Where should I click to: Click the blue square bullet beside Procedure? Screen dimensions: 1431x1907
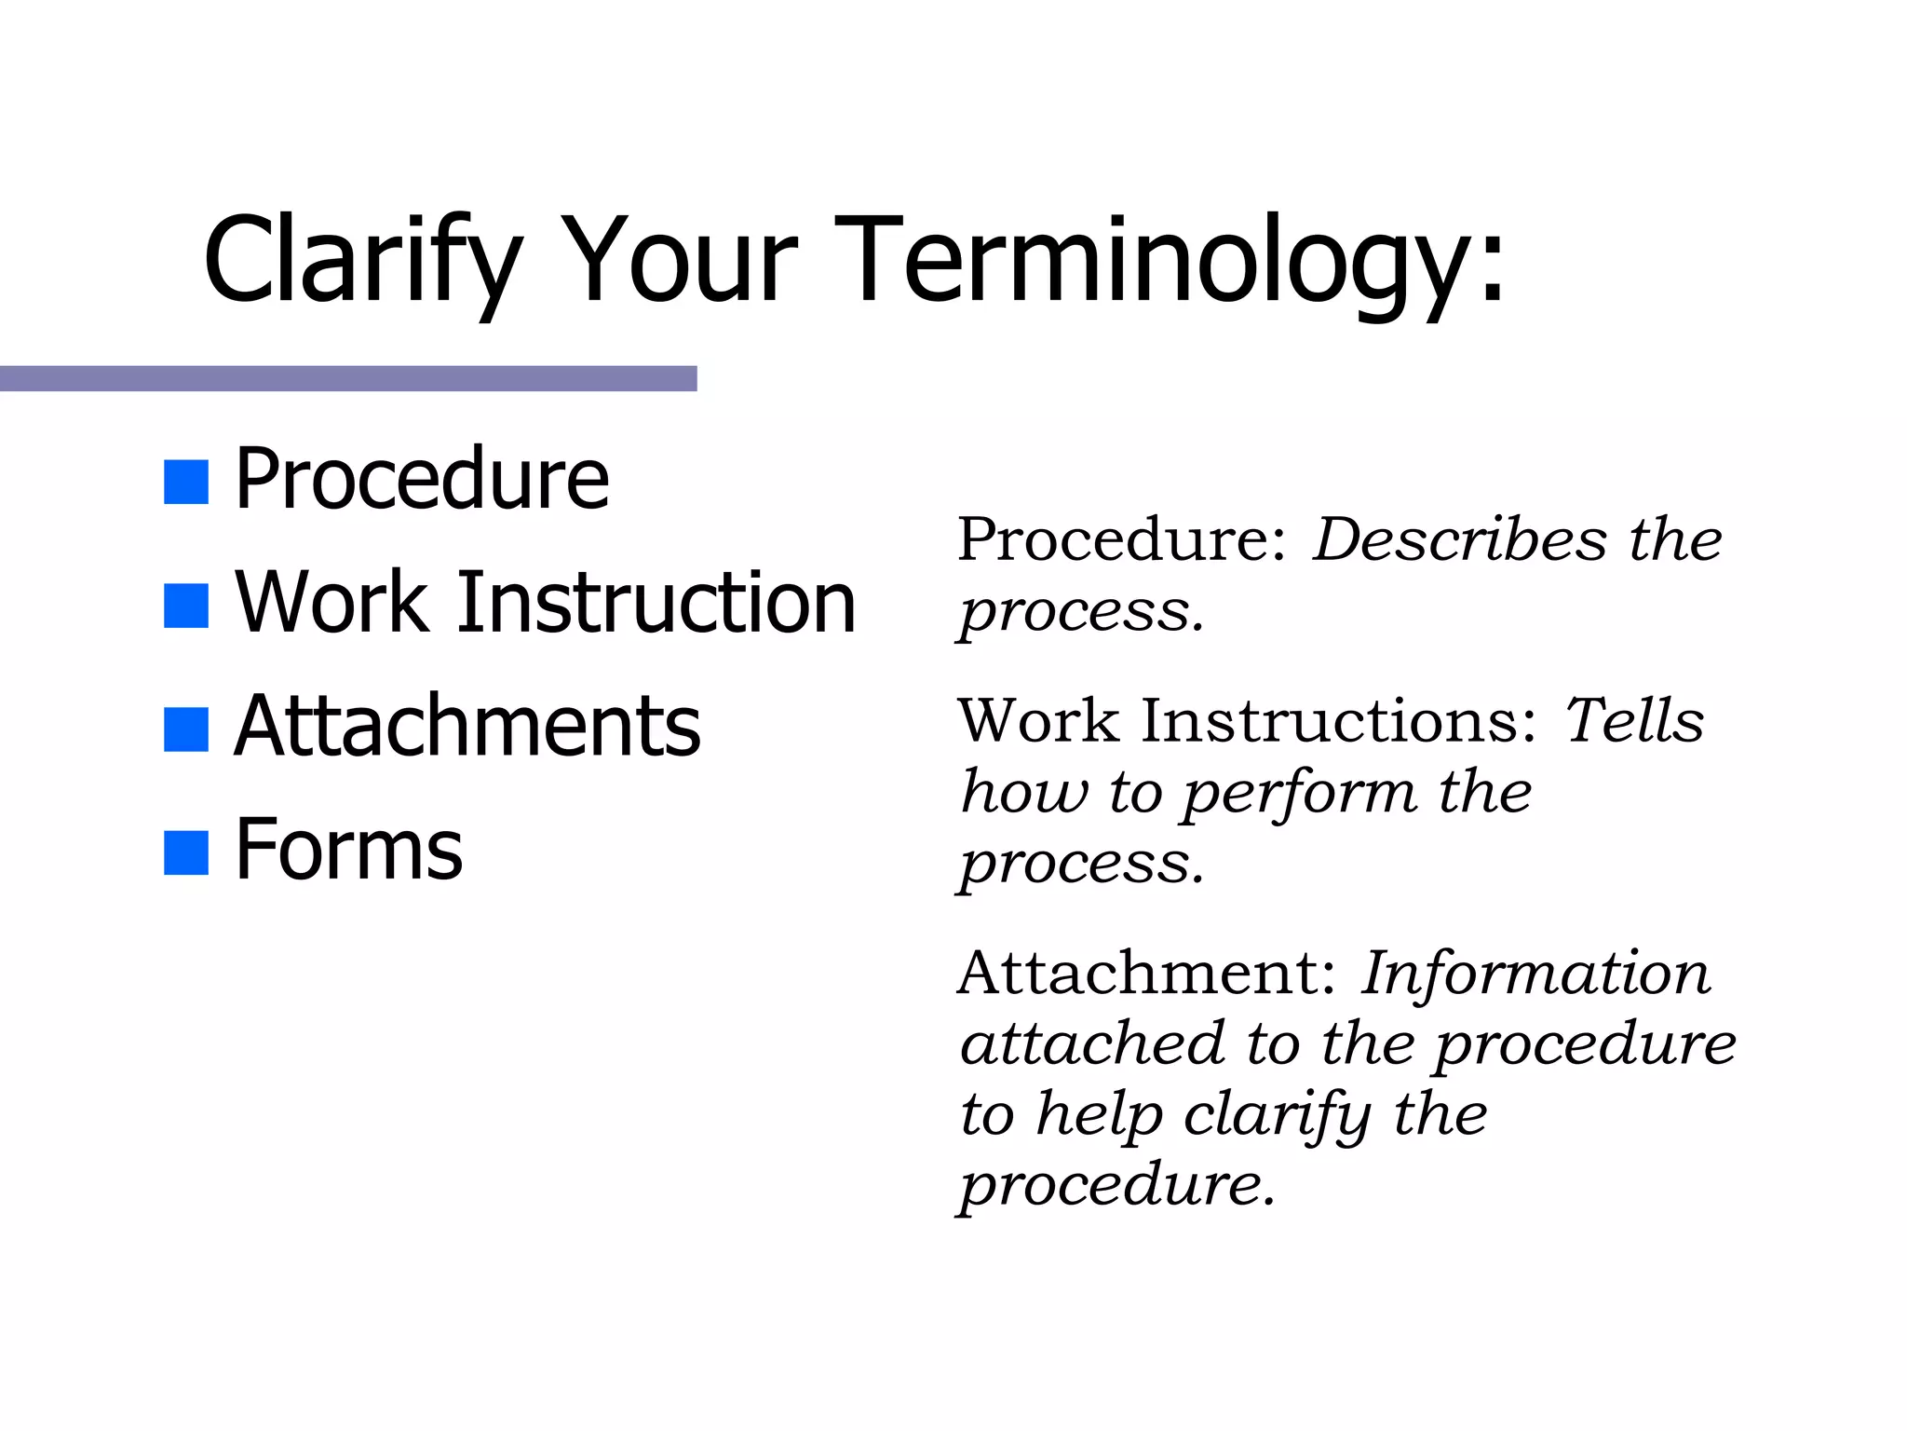tap(185, 483)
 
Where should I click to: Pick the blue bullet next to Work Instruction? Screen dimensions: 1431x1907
tap(185, 606)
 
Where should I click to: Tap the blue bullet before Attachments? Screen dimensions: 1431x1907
tap(185, 729)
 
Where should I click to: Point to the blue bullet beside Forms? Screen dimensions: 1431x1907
tap(185, 853)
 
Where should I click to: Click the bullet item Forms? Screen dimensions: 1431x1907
tap(348, 850)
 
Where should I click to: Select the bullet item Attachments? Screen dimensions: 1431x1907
tap(467, 727)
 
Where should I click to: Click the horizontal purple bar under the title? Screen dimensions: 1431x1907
tap(348, 378)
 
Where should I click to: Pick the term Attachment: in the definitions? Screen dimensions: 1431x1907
tap(1147, 974)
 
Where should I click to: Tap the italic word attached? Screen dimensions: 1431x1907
tap(1092, 1043)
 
